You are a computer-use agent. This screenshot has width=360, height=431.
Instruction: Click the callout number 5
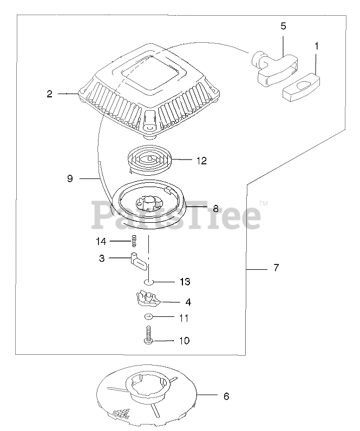(283, 26)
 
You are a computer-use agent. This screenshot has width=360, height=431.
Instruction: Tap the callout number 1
(316, 46)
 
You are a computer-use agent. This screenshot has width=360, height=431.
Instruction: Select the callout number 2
(49, 94)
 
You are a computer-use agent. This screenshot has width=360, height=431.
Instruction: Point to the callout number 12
(201, 160)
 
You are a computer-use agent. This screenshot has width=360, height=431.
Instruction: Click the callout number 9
(70, 178)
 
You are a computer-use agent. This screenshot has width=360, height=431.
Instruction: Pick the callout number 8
(215, 207)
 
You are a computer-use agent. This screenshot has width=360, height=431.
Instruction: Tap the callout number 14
(101, 241)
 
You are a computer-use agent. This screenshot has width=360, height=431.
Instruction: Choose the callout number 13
(185, 282)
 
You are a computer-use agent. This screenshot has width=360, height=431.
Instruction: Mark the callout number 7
(276, 268)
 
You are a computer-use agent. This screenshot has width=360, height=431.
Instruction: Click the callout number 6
(226, 396)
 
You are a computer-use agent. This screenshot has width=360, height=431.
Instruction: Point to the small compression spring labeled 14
(133, 241)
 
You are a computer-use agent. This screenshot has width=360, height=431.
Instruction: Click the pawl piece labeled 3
(140, 261)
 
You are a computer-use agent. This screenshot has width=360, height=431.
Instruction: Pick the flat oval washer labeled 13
(150, 282)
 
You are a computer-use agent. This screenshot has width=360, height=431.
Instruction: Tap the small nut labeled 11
(148, 317)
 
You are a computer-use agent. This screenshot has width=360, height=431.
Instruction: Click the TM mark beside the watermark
(264, 203)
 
